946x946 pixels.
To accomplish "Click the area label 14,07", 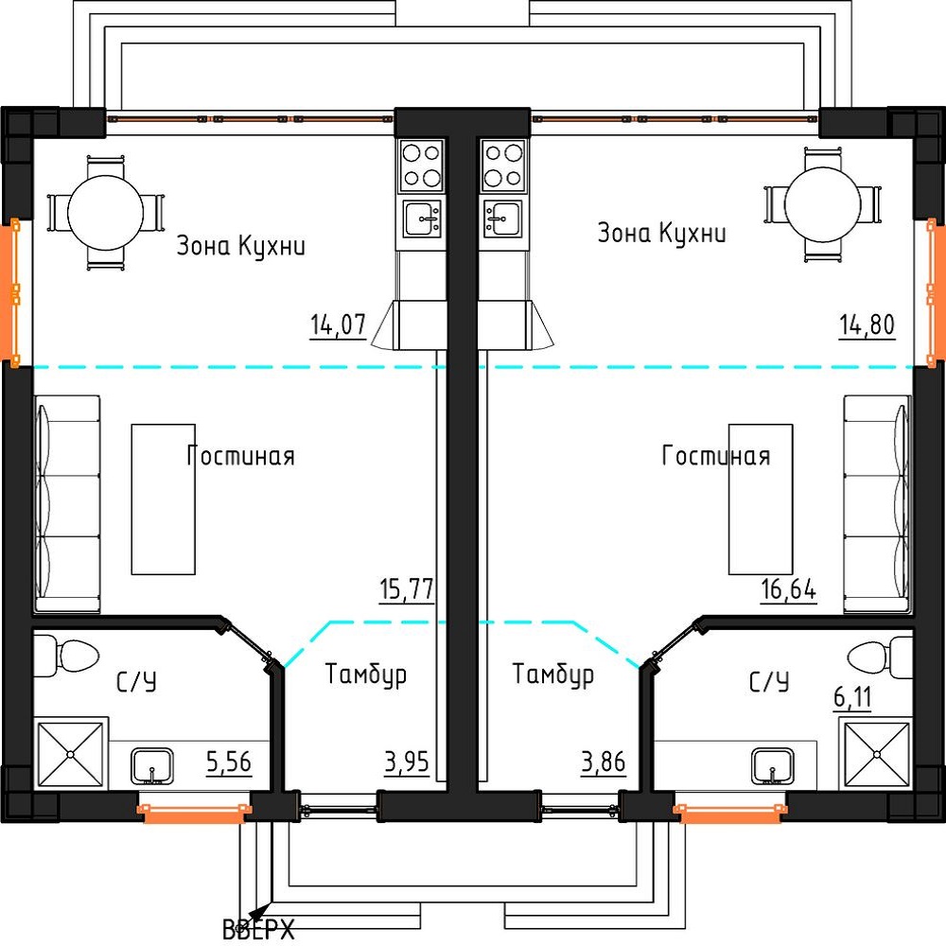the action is click(338, 324).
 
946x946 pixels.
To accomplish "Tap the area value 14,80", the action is click(867, 324).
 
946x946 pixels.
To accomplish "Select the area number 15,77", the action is click(407, 589).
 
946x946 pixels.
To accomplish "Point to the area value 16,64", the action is click(789, 589).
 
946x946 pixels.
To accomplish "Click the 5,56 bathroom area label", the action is click(229, 762).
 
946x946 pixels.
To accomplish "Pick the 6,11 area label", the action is click(852, 697).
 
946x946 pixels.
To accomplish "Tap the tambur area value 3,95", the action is click(407, 762).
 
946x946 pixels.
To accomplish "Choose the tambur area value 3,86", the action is click(604, 762).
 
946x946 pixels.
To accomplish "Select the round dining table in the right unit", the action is click(823, 204).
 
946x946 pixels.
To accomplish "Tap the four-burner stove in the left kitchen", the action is click(421, 166).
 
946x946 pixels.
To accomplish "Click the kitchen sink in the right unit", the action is click(502, 219).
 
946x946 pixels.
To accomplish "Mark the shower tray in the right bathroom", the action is click(877, 755).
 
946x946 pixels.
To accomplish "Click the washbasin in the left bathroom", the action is click(152, 766).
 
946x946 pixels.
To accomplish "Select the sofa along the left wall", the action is click(67, 504).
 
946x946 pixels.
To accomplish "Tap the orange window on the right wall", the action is click(933, 292).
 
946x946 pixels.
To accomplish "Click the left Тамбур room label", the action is click(365, 674).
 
